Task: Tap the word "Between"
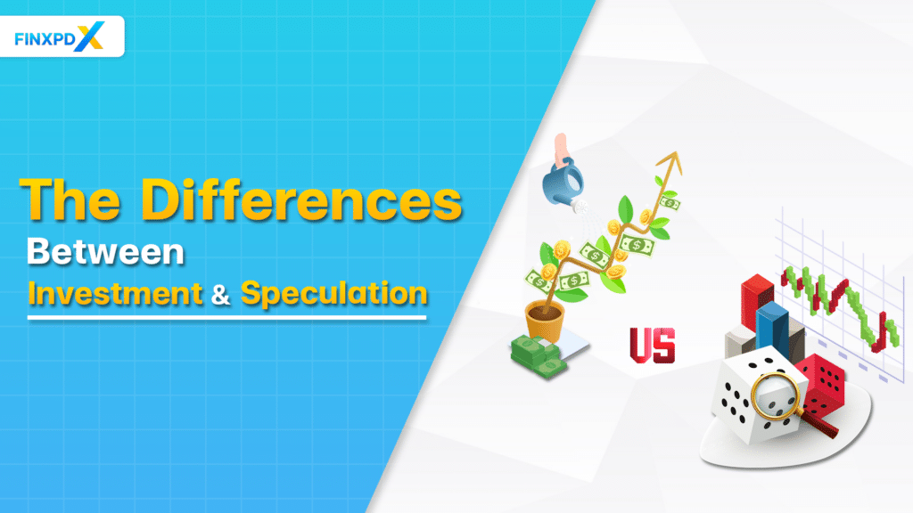(105, 252)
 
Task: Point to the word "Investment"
(116, 294)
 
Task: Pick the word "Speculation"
(333, 294)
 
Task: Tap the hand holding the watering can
(562, 146)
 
